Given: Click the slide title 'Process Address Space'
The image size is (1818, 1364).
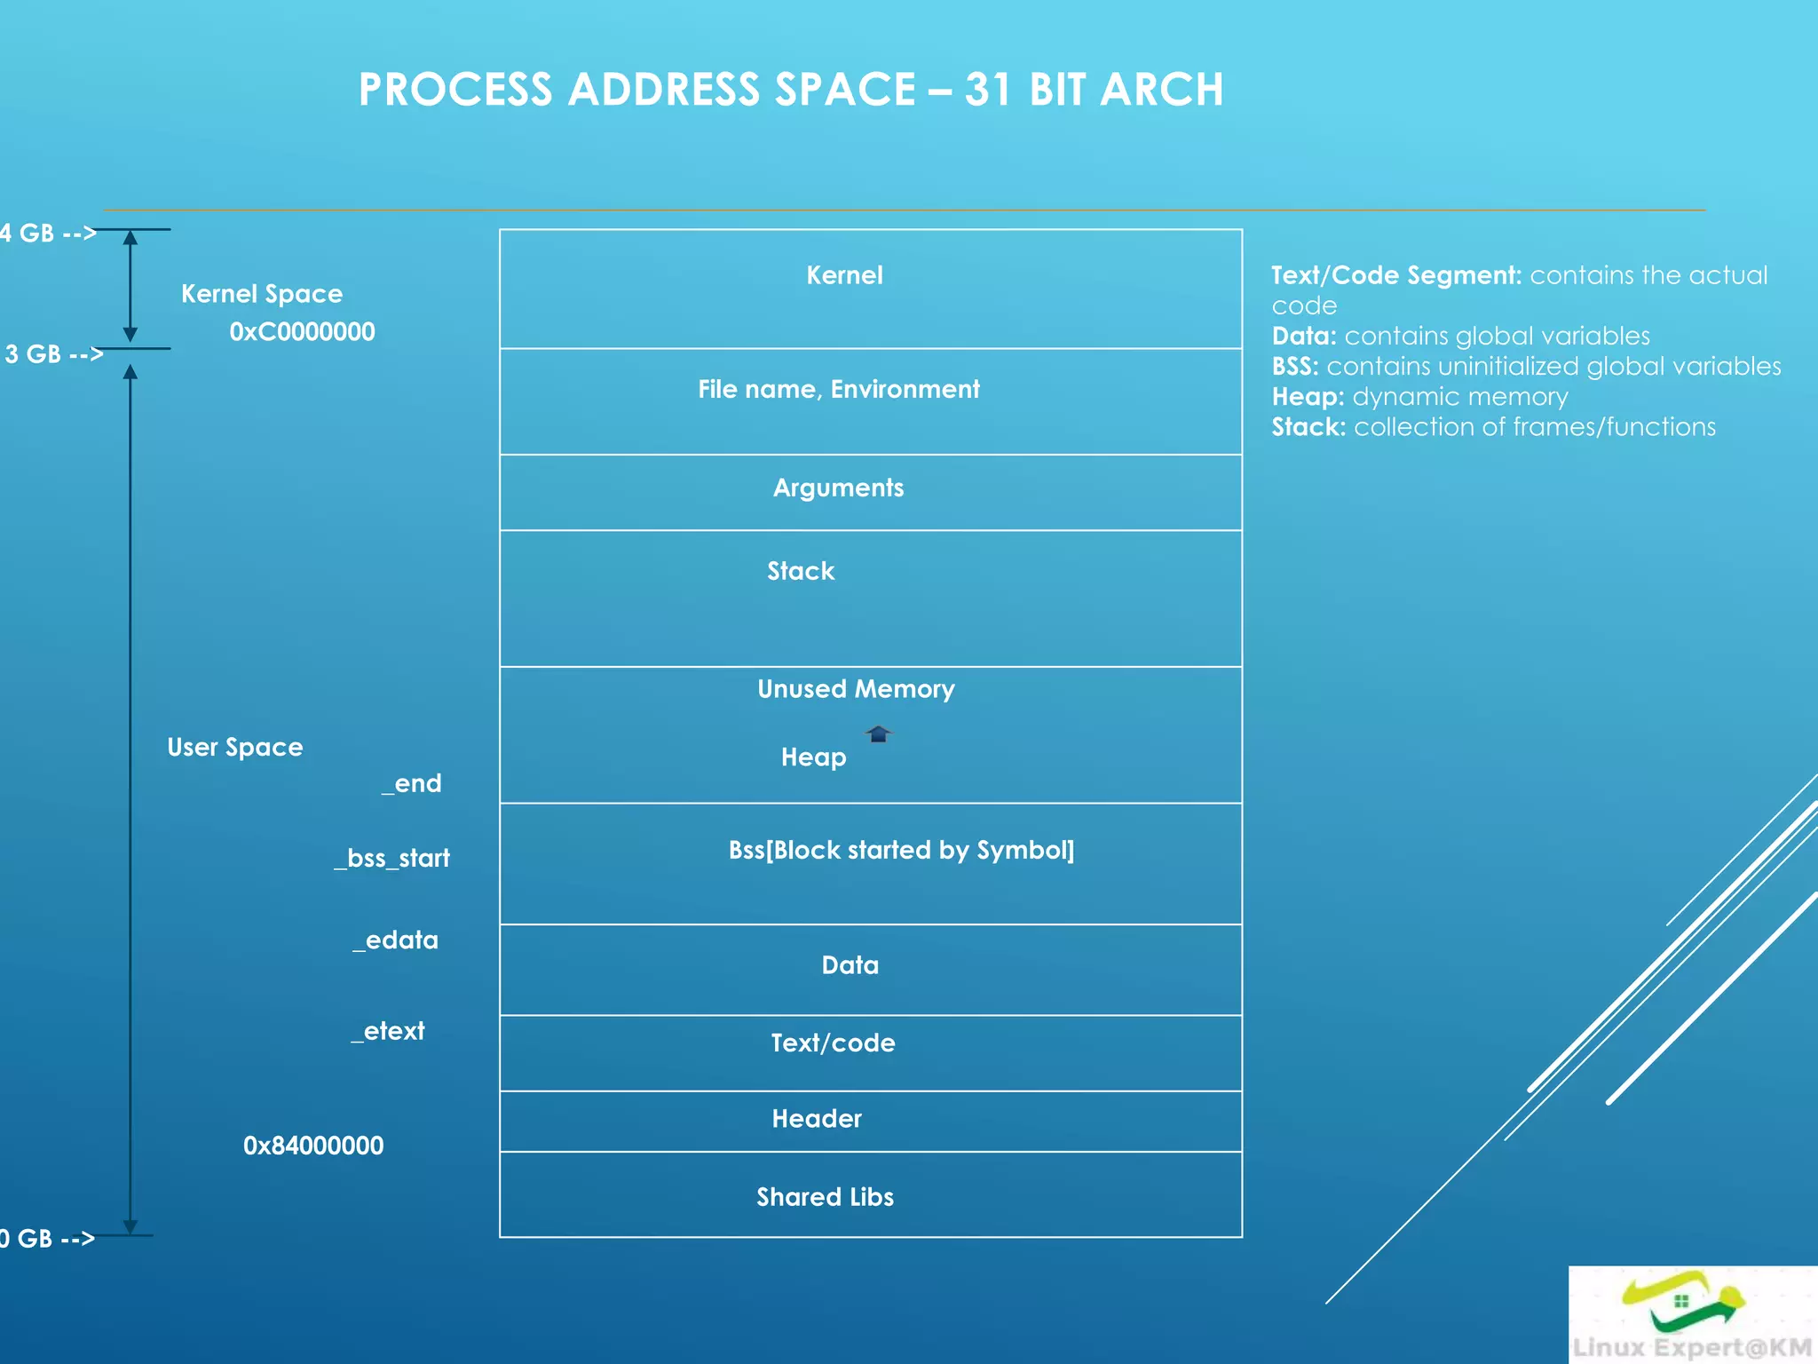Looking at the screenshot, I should point(790,90).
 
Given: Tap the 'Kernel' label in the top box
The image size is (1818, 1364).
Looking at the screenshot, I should point(844,275).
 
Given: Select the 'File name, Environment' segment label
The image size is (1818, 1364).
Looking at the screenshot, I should point(838,389).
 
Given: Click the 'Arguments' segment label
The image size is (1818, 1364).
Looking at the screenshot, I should point(838,488).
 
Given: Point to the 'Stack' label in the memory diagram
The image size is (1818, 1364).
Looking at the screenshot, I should point(801,571).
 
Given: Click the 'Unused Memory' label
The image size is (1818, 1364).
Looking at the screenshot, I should point(856,689).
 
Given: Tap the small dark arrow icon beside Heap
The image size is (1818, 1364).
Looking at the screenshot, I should point(878,734).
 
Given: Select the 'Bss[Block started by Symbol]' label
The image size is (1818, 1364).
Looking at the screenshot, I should point(901,850).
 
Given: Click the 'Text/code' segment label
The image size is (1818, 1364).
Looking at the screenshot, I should point(833,1043).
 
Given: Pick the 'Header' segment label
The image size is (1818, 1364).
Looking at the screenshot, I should point(817,1119).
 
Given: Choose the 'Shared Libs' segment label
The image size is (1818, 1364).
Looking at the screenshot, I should point(825,1197).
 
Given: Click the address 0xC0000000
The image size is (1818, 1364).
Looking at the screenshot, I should point(302,332).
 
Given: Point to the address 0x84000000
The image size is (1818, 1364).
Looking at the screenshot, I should point(313,1146).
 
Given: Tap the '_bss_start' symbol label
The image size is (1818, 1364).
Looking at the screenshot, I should point(392,858).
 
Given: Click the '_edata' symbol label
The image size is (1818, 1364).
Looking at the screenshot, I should point(396,940).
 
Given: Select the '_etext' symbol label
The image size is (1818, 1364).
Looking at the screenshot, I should point(388,1031).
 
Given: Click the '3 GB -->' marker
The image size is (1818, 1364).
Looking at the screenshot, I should point(53,354).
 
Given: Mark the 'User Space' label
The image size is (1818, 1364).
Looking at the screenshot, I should point(235,748).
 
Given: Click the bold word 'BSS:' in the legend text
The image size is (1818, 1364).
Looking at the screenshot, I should point(1295,367).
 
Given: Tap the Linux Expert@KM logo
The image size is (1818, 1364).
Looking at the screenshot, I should point(1692,1315).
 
